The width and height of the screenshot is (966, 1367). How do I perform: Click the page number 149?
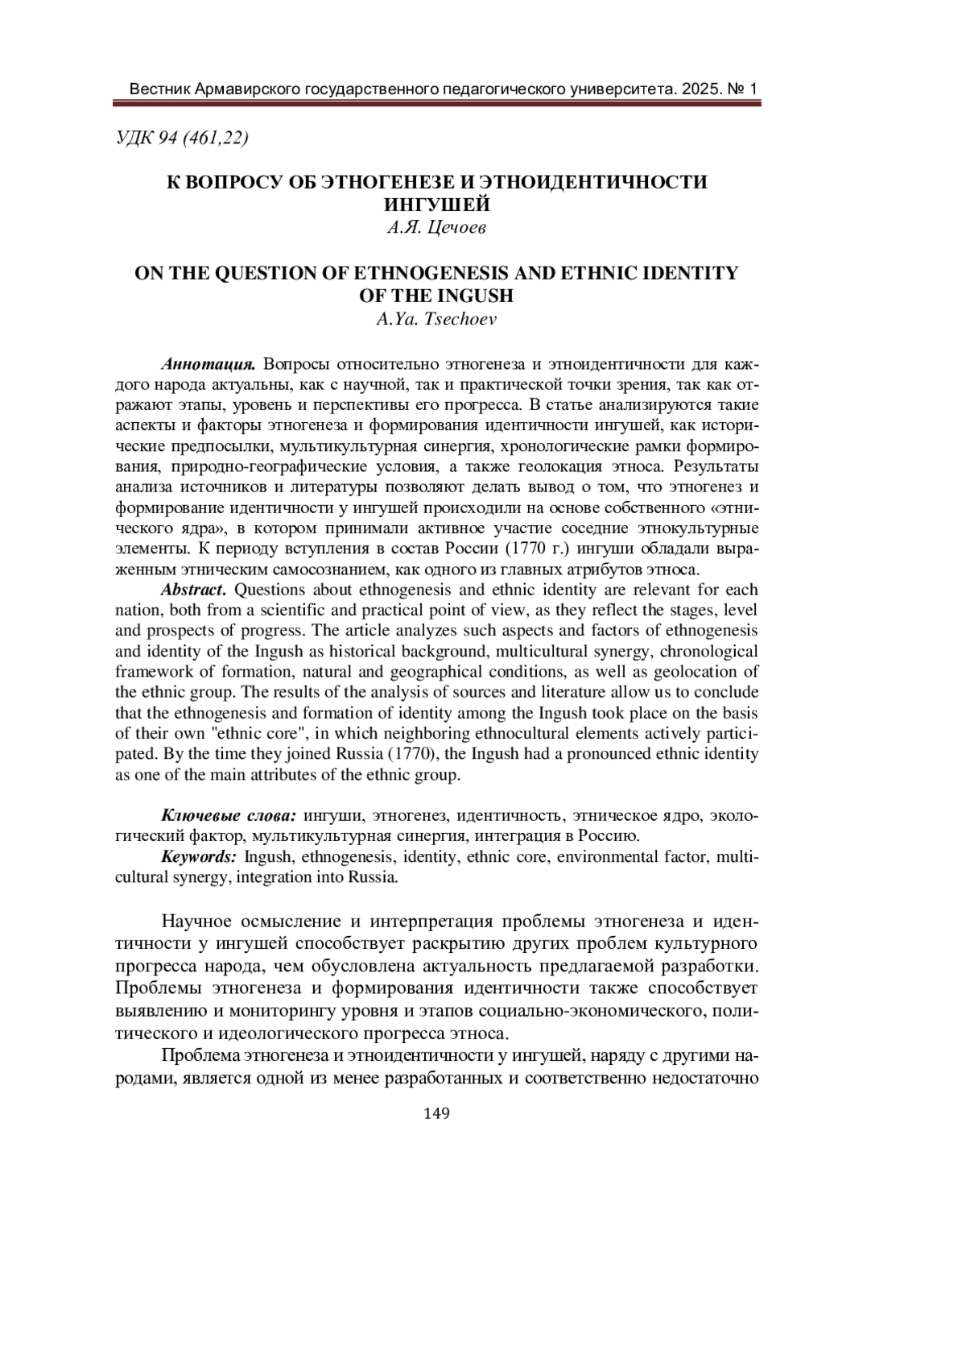tap(436, 1113)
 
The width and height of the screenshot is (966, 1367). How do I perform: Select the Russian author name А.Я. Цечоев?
tap(436, 228)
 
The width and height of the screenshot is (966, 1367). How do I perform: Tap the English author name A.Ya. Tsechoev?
tap(436, 320)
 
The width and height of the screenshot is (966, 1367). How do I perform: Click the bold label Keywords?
tap(199, 856)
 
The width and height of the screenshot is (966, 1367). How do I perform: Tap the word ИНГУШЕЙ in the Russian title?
tap(436, 205)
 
